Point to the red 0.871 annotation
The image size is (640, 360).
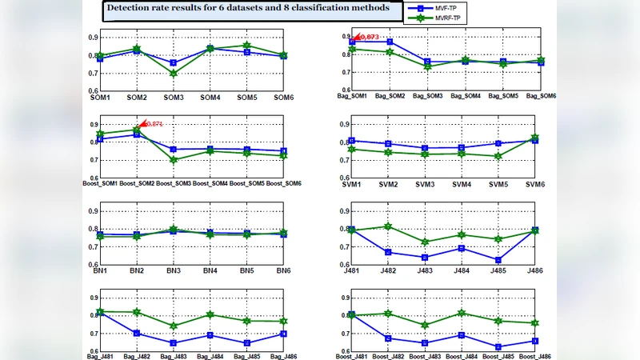tap(151, 124)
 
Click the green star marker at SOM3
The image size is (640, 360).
tap(174, 73)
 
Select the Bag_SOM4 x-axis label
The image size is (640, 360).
tap(466, 96)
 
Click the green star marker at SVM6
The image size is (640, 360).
tap(535, 138)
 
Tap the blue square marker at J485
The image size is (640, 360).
tap(498, 260)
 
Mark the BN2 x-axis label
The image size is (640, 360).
tap(137, 271)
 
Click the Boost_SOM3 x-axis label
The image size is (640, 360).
tap(174, 184)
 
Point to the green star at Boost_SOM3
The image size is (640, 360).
tap(174, 160)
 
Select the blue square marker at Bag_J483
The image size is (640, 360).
tap(174, 342)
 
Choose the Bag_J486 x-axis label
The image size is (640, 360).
tap(283, 357)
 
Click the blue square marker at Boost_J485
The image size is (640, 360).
tap(498, 346)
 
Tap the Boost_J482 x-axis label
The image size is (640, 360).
tap(390, 357)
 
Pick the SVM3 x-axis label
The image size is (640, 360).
tap(426, 184)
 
